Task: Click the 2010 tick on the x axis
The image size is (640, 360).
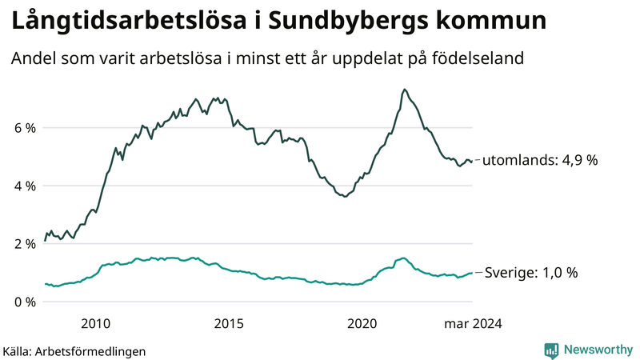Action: click(95, 323)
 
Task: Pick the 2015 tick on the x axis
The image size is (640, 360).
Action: click(229, 323)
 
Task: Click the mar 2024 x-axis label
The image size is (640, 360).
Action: click(474, 323)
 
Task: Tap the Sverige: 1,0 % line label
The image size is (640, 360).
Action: click(532, 273)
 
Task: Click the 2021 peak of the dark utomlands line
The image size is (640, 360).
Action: click(405, 90)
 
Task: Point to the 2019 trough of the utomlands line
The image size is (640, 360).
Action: click(345, 196)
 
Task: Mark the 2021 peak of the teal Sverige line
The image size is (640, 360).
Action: click(403, 258)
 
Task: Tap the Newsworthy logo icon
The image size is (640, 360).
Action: click(551, 350)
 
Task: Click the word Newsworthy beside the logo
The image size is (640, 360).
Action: click(598, 350)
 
